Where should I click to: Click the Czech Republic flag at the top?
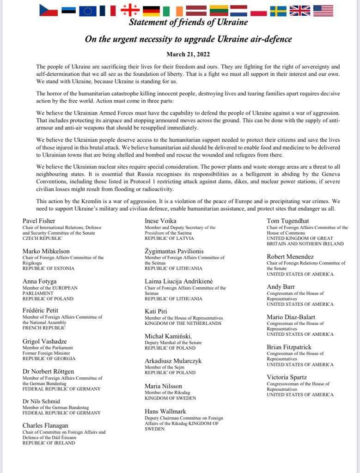tap(49, 10)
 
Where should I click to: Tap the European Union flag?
tap(87, 10)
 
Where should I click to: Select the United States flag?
tap(323, 10)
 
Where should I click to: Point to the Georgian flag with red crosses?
tap(130, 10)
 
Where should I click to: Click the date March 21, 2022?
tap(188, 54)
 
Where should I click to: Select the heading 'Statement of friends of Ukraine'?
tap(188, 22)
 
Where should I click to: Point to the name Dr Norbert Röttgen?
tap(49, 371)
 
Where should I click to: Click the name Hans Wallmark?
tap(165, 411)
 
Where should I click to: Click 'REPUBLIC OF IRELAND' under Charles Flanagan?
tap(49, 443)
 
